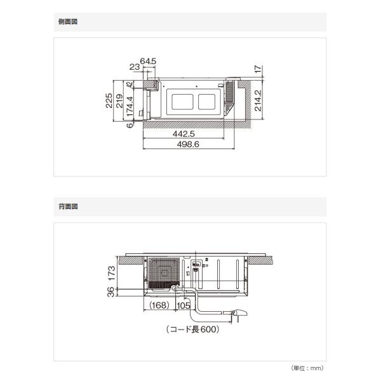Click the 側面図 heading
(68, 22)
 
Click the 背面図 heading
(68, 207)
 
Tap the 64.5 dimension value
(148, 61)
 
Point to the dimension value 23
(135, 67)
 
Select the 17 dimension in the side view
(258, 69)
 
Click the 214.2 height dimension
(258, 100)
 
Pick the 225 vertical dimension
(109, 100)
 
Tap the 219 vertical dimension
(119, 101)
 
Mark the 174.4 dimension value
(130, 107)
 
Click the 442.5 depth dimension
(184, 133)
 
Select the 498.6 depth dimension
(188, 144)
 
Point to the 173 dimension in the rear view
(111, 273)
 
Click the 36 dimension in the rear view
(110, 292)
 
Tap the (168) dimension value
(159, 305)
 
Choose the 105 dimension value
(184, 305)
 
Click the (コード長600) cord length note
(193, 330)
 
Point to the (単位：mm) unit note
(307, 368)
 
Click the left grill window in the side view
(182, 102)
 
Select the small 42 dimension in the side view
(130, 84)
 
